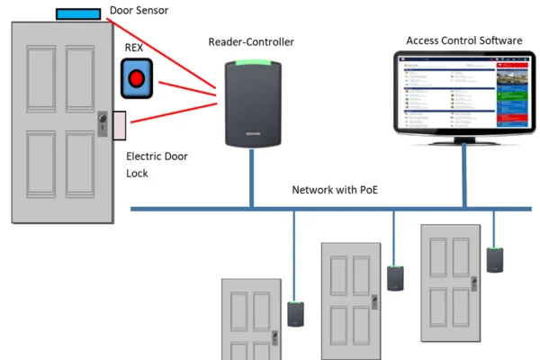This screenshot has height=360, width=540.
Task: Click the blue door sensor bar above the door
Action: [x=78, y=13]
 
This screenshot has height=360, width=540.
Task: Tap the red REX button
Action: [x=136, y=79]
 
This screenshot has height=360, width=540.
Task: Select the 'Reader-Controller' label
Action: [x=251, y=42]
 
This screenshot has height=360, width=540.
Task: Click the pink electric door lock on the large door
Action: [x=118, y=125]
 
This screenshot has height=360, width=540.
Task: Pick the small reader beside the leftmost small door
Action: [x=294, y=313]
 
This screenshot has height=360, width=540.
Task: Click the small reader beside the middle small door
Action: [x=394, y=278]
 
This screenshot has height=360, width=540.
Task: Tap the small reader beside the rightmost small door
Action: [x=494, y=258]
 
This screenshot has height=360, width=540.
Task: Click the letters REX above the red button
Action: [x=133, y=47]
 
